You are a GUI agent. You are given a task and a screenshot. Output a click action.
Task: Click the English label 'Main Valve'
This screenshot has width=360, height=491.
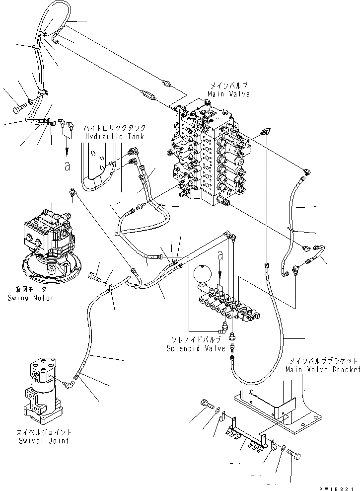point(229,94)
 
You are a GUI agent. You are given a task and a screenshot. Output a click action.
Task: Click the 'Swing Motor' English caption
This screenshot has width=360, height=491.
point(31,298)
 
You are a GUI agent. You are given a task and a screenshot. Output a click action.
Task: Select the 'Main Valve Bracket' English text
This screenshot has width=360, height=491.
point(322,370)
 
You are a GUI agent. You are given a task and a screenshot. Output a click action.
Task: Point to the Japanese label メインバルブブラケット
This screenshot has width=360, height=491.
point(322,362)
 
